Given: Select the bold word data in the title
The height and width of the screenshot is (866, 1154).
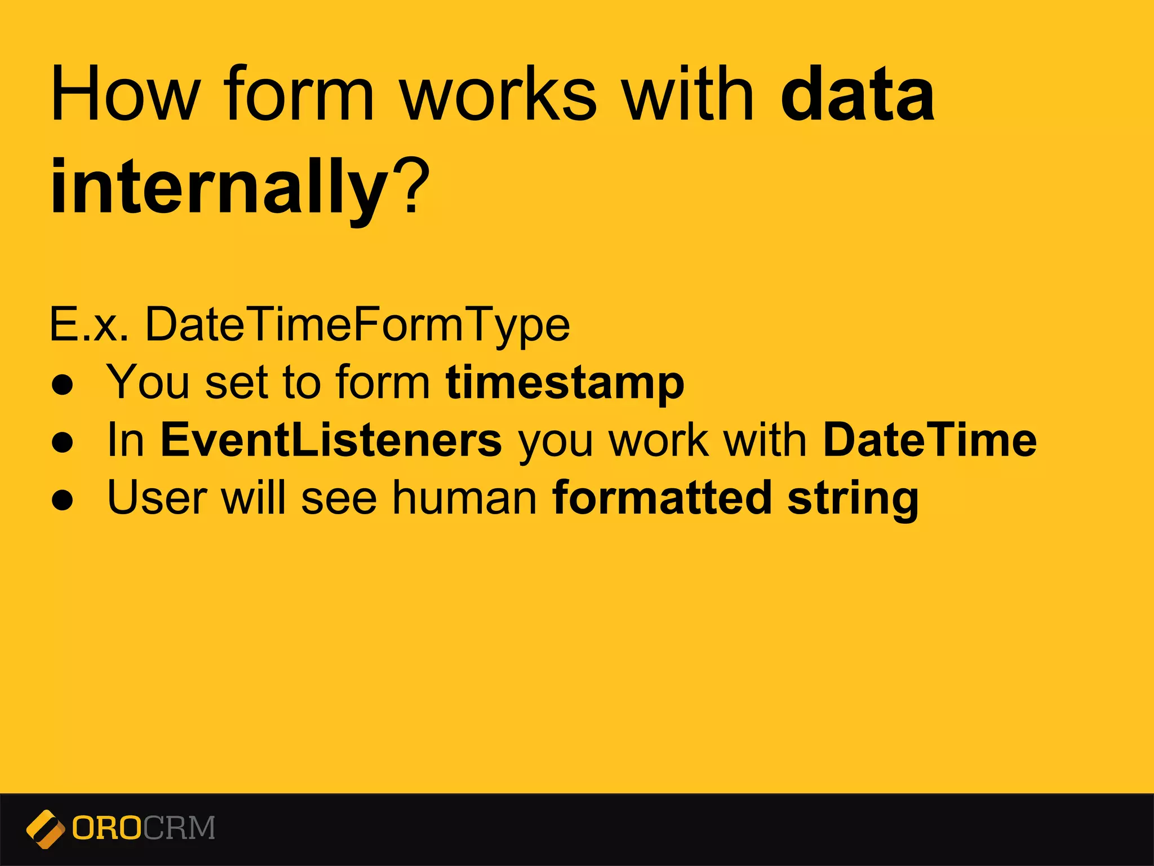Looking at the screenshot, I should (858, 95).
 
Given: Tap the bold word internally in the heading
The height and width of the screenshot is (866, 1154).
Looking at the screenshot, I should (220, 186).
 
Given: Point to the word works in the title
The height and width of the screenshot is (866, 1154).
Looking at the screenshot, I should (498, 95).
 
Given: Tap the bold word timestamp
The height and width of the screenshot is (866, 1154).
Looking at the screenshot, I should (565, 383).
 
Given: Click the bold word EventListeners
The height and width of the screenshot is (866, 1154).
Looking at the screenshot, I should (331, 441).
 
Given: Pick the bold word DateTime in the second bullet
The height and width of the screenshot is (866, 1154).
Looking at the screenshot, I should (930, 441).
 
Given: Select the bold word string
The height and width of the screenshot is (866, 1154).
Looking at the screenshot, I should (853, 498).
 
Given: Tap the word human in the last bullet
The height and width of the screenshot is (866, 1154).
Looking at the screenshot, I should (465, 498).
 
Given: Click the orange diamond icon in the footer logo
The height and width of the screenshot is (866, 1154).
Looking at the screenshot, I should (45, 829).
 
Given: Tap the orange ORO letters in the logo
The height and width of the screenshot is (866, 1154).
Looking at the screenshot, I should (107, 828).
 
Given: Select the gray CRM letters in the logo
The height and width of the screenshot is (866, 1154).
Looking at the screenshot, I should (179, 828).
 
